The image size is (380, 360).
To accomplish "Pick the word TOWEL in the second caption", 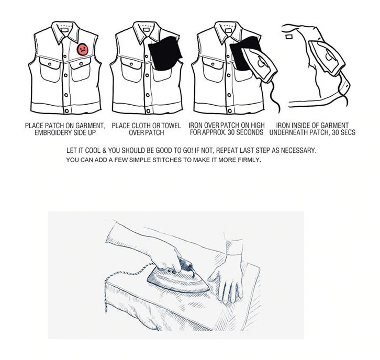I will tap(170, 126).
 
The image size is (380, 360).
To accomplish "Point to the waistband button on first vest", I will tap(66, 110).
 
